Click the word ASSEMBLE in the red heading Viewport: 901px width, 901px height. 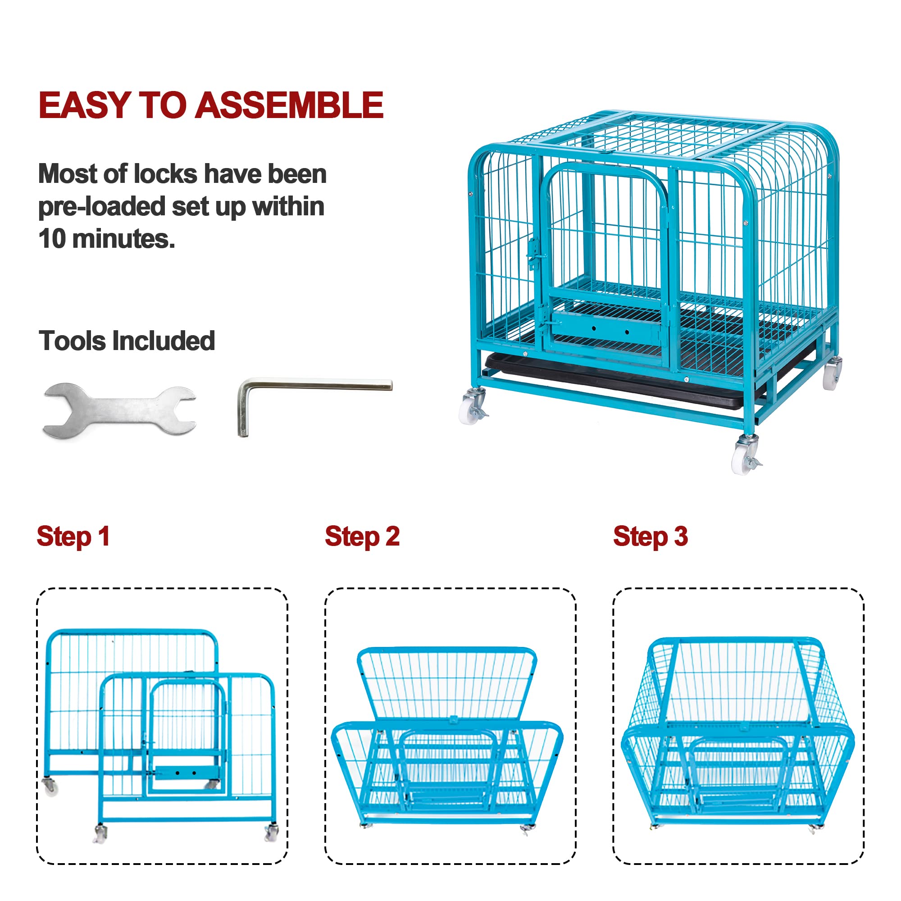(289, 105)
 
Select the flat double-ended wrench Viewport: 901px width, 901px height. (119, 411)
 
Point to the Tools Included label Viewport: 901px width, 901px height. (127, 341)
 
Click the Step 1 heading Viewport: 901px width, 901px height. (73, 536)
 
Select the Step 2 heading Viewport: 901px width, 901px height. (362, 536)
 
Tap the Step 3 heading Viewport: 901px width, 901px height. (650, 536)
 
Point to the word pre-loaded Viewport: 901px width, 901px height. (101, 207)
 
